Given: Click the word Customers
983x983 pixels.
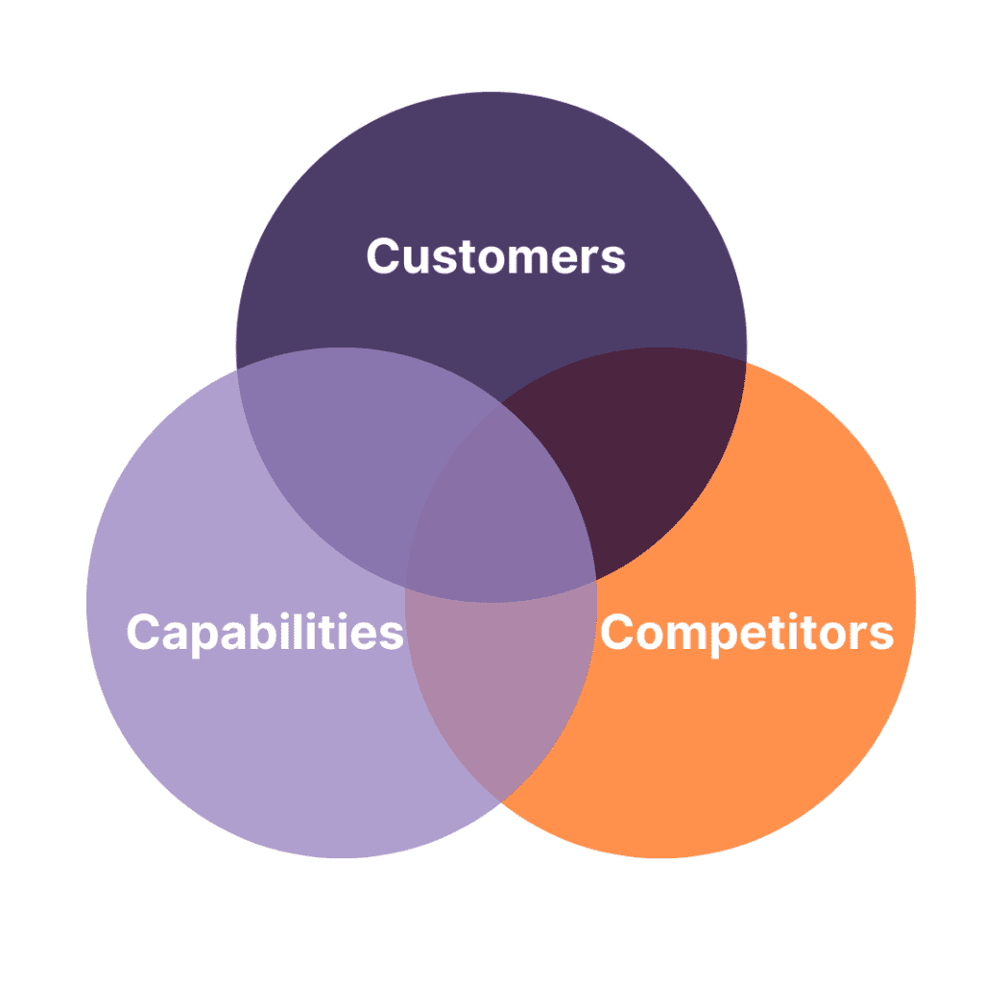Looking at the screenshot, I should [495, 256].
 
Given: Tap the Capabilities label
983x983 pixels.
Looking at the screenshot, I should [265, 633].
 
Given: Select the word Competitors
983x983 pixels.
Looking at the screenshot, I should [747, 633].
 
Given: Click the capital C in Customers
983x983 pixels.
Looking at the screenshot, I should [383, 256].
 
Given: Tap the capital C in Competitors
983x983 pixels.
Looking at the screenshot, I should [619, 633].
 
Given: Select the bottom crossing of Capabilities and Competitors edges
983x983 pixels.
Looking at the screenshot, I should [500, 801].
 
